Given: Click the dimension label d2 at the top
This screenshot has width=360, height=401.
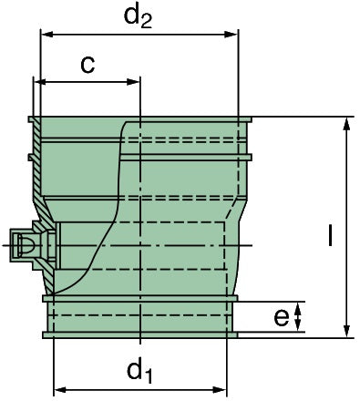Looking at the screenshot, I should [138, 15].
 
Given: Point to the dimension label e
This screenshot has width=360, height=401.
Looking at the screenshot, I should [282, 317].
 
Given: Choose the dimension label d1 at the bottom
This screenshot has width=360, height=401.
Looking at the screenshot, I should [138, 369].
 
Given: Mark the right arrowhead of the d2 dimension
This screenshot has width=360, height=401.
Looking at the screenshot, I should [232, 36].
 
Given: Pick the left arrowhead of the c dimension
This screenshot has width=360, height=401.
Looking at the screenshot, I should [40, 82].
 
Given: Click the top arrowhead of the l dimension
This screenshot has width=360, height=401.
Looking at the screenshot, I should [347, 123].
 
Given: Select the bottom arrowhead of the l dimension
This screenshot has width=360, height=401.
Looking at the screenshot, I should [347, 330].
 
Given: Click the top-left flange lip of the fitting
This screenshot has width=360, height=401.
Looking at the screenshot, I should [34, 119].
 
